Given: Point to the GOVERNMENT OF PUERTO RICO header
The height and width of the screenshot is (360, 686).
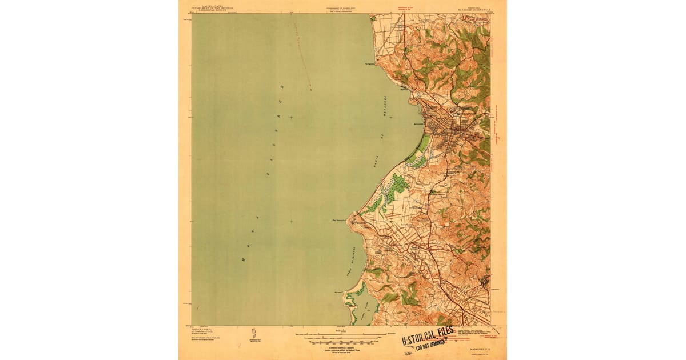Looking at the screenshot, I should click(x=342, y=8).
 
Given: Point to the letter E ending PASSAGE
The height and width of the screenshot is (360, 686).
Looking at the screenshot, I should click(x=281, y=87).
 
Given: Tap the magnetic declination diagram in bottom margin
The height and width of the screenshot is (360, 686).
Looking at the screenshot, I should click(x=253, y=335).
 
